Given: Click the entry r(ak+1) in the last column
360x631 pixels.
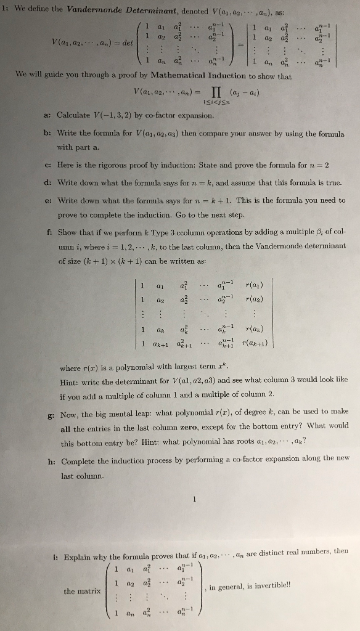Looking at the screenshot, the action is tap(255, 343).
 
